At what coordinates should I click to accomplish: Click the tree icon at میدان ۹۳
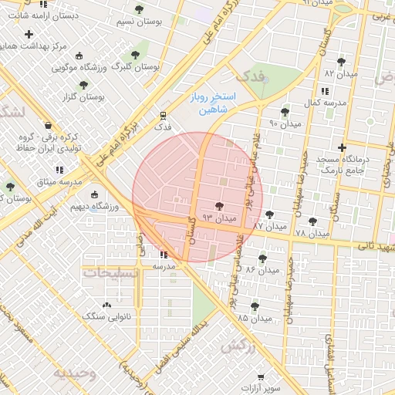click(x=220, y=206)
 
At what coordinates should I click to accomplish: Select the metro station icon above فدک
click(x=162, y=113)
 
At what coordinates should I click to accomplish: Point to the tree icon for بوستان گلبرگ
click(x=135, y=55)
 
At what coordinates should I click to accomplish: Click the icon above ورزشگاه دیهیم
click(x=95, y=194)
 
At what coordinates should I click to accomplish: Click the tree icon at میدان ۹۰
click(x=285, y=111)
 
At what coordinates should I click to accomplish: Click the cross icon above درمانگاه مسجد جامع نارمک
click(x=342, y=147)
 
